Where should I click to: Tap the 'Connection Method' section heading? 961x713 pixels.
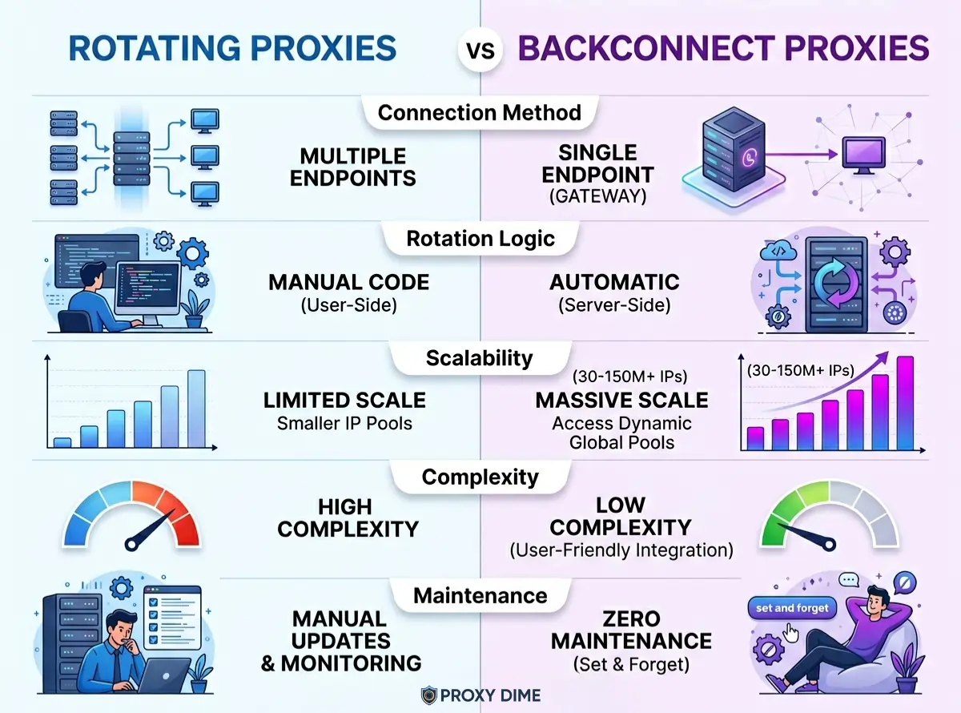[x=480, y=112]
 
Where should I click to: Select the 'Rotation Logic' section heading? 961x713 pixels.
[x=480, y=238]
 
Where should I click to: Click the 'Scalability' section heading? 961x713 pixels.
[x=479, y=357]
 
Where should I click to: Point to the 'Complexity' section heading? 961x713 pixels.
[x=480, y=477]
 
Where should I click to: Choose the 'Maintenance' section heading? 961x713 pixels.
[x=480, y=595]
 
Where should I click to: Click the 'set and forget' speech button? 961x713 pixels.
[x=791, y=608]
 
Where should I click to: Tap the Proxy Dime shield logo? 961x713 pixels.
[x=430, y=695]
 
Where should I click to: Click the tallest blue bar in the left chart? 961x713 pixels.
[x=196, y=408]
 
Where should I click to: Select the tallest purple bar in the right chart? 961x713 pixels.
[x=906, y=402]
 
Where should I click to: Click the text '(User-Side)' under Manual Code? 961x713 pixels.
[x=348, y=305]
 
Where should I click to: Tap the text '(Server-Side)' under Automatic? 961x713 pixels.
[x=614, y=305]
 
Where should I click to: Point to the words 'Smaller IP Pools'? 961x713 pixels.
[x=344, y=423]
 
